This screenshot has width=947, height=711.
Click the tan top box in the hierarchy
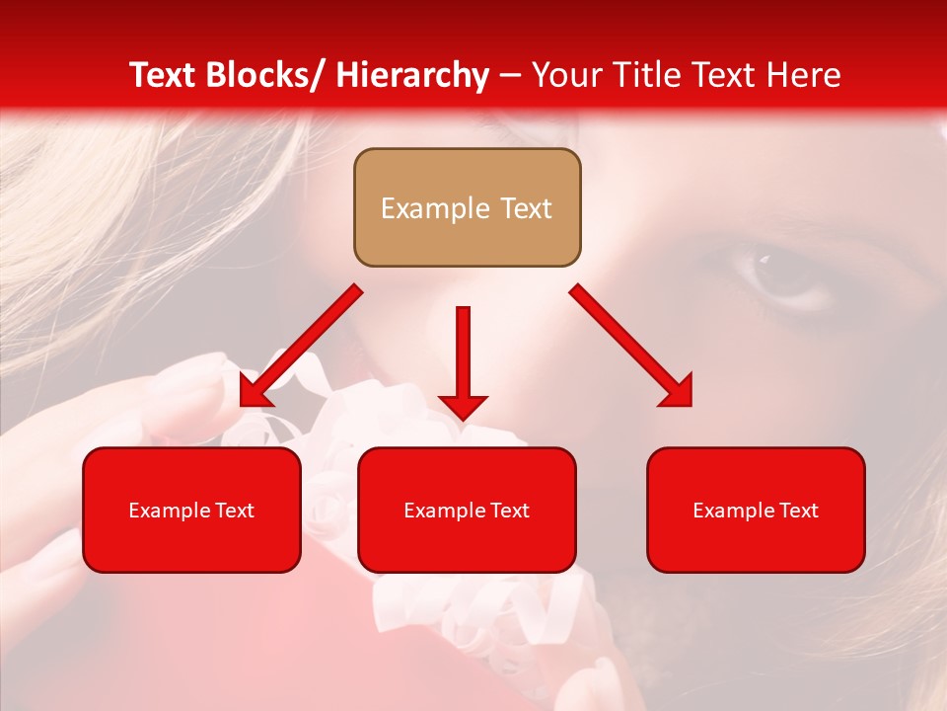[467, 207]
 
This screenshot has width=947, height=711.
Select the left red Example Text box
[191, 510]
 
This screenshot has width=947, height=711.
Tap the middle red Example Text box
[467, 510]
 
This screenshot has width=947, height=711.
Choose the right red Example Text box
[756, 510]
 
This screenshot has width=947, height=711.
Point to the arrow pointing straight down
[463, 361]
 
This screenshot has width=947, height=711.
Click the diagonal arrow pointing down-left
[301, 346]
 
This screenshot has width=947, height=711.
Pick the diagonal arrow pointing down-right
[631, 346]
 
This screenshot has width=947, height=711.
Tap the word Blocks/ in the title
[265, 75]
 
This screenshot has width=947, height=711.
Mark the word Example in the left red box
[165, 511]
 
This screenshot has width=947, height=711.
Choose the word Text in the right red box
[798, 511]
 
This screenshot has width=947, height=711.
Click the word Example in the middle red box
[440, 511]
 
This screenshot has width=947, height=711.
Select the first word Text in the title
[163, 75]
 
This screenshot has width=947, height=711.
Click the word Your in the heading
[566, 75]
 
